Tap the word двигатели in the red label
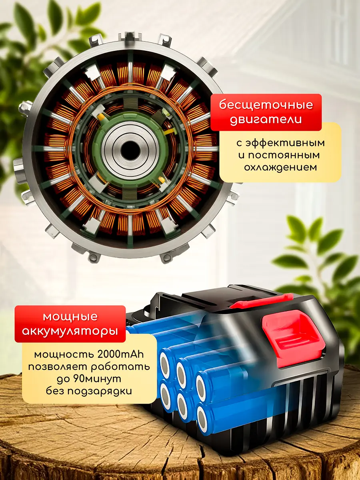pos(266,120)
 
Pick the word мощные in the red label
pos(70,317)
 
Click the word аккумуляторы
pos(70,331)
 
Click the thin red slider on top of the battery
pos(261,301)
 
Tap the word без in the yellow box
pos(56,391)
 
